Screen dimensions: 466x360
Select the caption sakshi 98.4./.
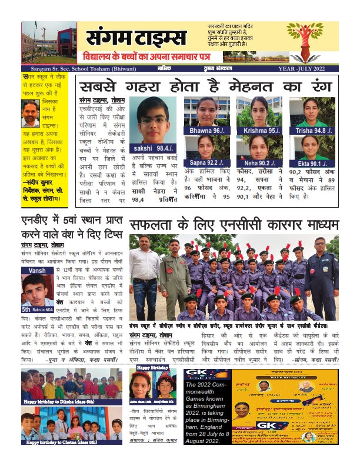click(153, 150)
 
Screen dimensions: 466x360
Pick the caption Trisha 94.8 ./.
click(312, 129)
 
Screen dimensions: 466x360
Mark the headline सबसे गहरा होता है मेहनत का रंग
click(207, 85)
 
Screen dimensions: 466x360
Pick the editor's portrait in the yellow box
click(31, 114)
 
